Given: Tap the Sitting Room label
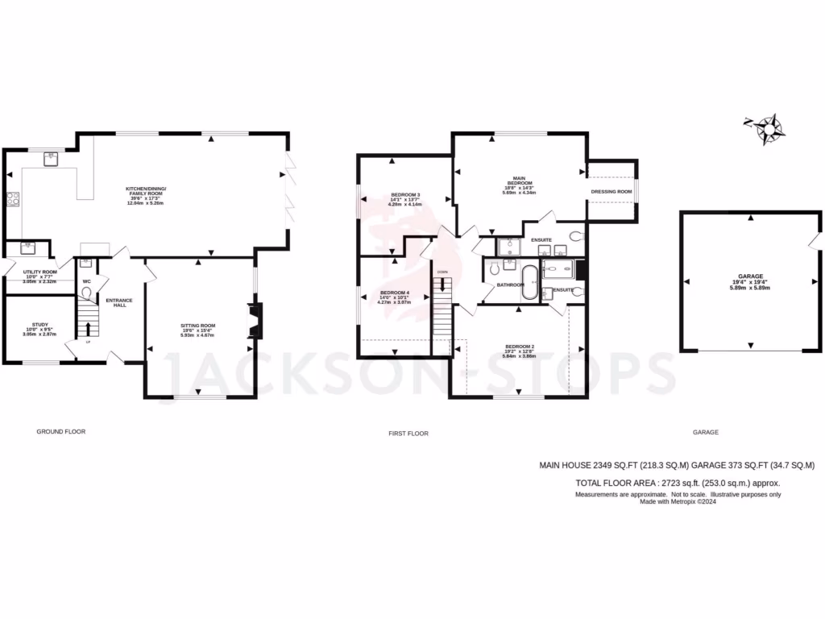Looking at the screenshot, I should (197, 329).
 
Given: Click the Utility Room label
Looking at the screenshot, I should (39, 276).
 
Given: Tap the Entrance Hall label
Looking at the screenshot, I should (120, 302).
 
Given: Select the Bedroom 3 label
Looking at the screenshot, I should (406, 199).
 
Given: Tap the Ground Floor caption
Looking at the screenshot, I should (60, 431).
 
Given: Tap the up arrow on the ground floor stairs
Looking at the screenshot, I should (87, 327).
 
